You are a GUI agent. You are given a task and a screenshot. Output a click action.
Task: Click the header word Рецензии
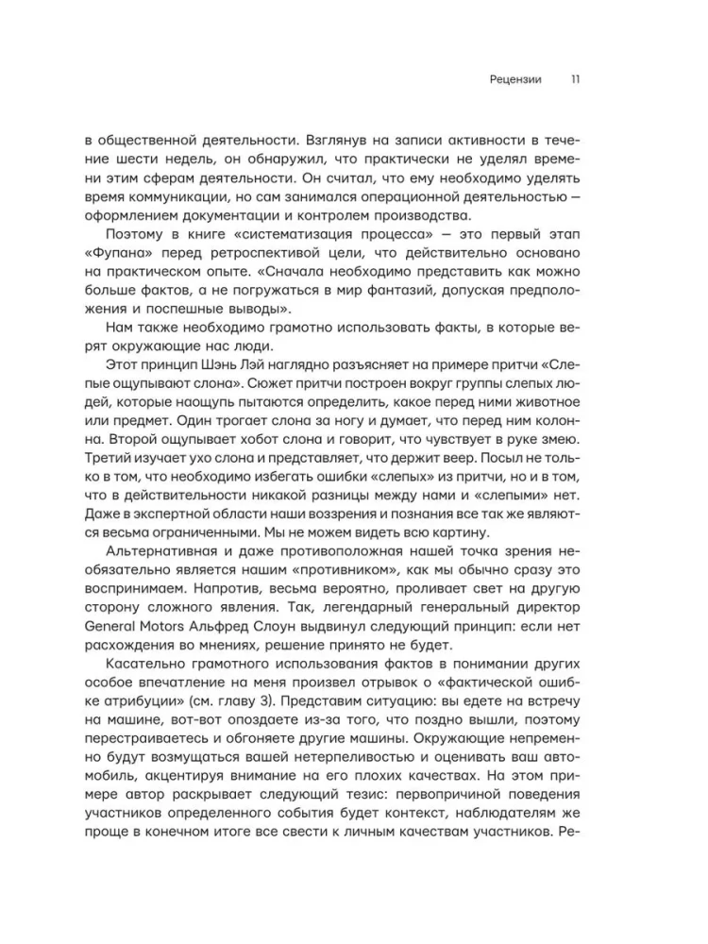[510, 80]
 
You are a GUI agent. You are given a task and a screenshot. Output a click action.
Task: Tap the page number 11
[575, 80]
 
